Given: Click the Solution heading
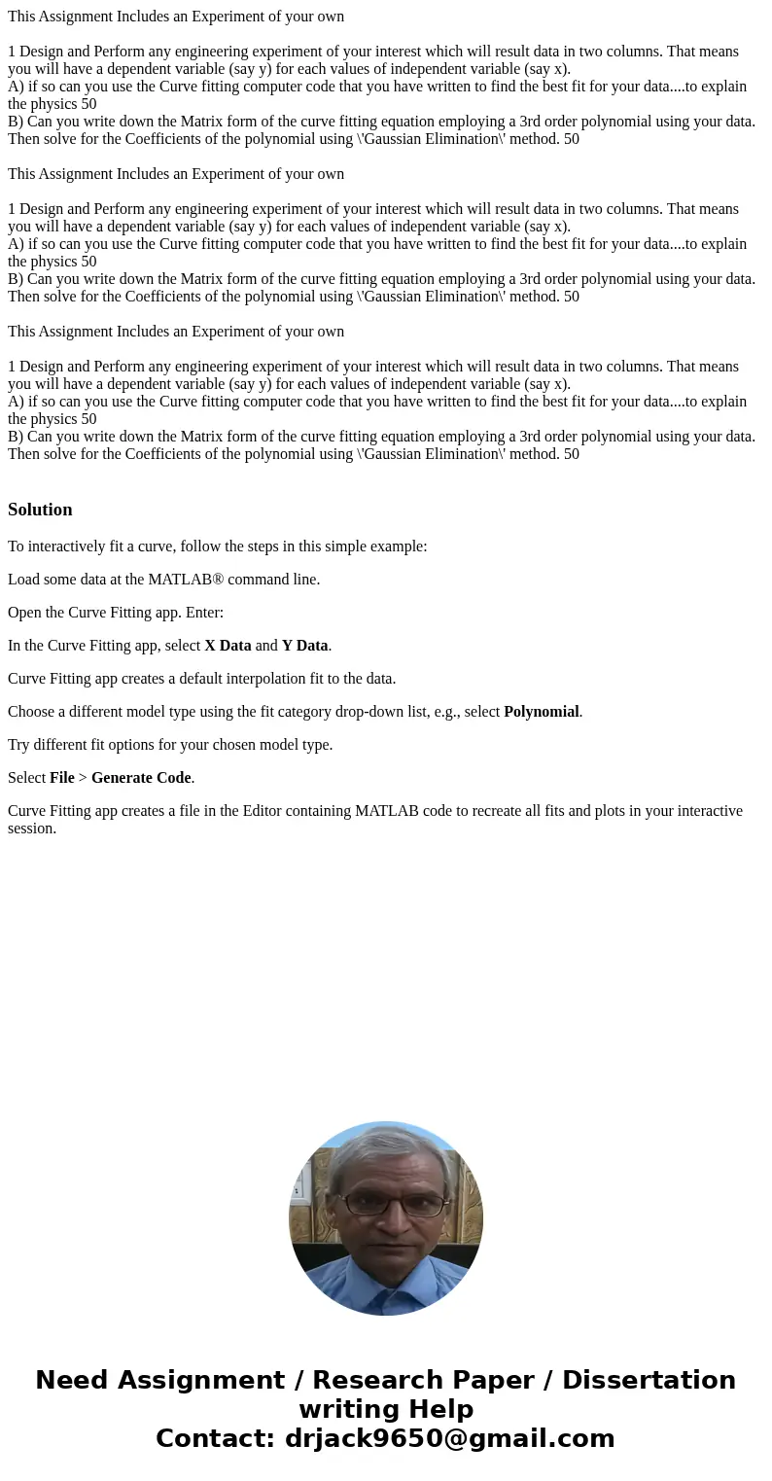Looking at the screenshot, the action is [x=40, y=510].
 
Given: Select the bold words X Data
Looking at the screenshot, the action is [x=228, y=646].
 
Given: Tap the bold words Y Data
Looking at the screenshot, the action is [x=304, y=646].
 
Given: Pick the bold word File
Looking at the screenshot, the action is [x=62, y=778].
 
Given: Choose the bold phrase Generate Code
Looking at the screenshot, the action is [x=141, y=778].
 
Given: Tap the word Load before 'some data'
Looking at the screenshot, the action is [x=24, y=580].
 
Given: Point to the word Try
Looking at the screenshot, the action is [x=20, y=745].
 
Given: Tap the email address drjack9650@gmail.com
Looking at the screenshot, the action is [x=449, y=1439].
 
